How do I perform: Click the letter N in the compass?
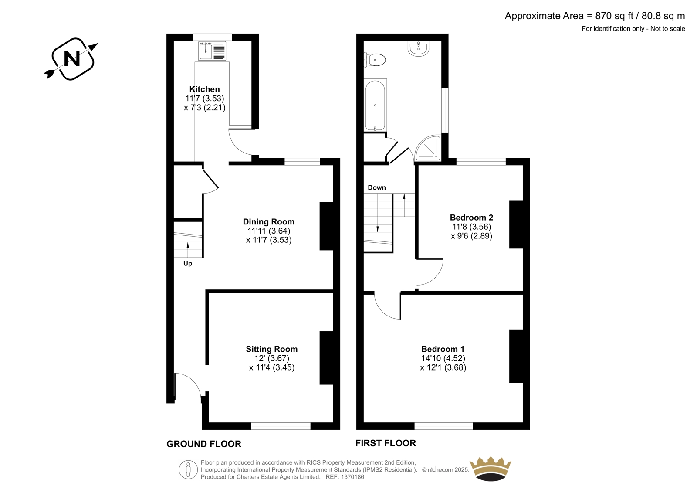[x=71, y=58]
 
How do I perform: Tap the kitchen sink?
[x=212, y=51]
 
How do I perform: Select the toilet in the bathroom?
[x=375, y=59]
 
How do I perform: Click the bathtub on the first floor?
[x=375, y=105]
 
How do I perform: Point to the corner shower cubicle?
[x=428, y=148]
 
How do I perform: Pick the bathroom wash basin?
[x=419, y=48]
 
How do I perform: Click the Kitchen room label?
[x=204, y=89]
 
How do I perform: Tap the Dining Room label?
[x=268, y=222]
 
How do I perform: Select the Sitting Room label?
[x=272, y=349]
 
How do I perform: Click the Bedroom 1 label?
[x=443, y=349]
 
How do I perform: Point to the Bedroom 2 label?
[x=471, y=218]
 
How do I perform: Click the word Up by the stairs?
[x=188, y=263]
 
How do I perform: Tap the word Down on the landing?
[x=377, y=187]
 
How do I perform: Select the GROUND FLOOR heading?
[x=204, y=444]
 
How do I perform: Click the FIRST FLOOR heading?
[x=386, y=443]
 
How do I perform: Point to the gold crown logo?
[x=491, y=469]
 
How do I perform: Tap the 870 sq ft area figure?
[x=614, y=16]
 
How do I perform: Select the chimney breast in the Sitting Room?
[x=326, y=358]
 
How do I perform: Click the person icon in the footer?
[x=188, y=469]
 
